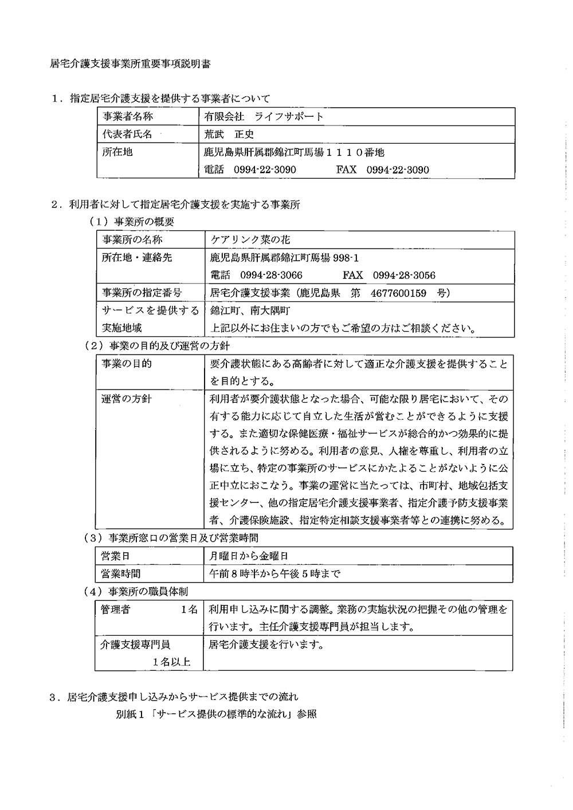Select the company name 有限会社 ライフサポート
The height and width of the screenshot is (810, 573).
[264, 117]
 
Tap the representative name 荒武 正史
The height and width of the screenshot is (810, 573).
[229, 134]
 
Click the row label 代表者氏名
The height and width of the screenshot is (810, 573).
[127, 134]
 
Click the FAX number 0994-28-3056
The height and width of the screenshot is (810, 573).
[404, 275]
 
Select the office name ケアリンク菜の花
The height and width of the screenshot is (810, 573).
[250, 239]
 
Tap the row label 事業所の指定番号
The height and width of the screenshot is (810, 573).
[142, 293]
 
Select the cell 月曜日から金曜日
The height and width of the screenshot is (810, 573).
[249, 556]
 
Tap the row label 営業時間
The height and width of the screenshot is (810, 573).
[120, 573]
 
